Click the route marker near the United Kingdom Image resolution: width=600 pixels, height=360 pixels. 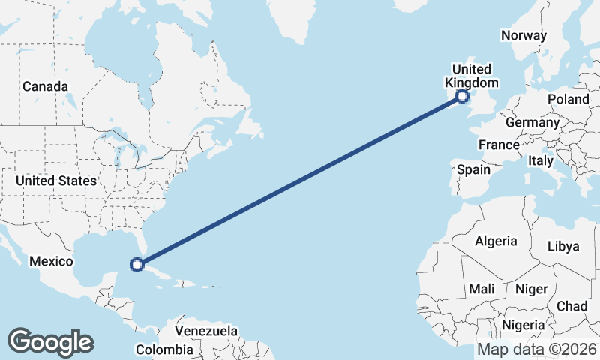click(462, 95)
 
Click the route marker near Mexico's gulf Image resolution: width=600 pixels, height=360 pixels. click(136, 264)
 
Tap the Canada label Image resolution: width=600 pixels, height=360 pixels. click(45, 86)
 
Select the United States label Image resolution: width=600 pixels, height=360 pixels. click(56, 181)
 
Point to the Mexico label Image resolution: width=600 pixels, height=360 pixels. click(51, 261)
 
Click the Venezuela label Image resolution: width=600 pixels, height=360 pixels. click(206, 331)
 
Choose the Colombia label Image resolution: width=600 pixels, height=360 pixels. click(164, 349)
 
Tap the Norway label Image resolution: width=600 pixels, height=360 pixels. click(524, 35)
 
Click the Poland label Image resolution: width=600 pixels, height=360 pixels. click(568, 99)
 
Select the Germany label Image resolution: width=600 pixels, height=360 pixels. click(532, 122)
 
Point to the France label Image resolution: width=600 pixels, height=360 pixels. click(499, 145)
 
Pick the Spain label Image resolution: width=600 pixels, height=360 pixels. click(474, 169)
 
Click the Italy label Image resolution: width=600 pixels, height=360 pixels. click(541, 160)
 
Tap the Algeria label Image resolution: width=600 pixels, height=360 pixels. click(496, 241)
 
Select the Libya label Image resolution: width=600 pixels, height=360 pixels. click(564, 246)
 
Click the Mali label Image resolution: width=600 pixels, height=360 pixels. click(481, 288)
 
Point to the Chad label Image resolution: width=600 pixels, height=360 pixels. click(572, 306)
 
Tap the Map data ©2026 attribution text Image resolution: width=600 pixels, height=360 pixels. click(537, 349)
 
